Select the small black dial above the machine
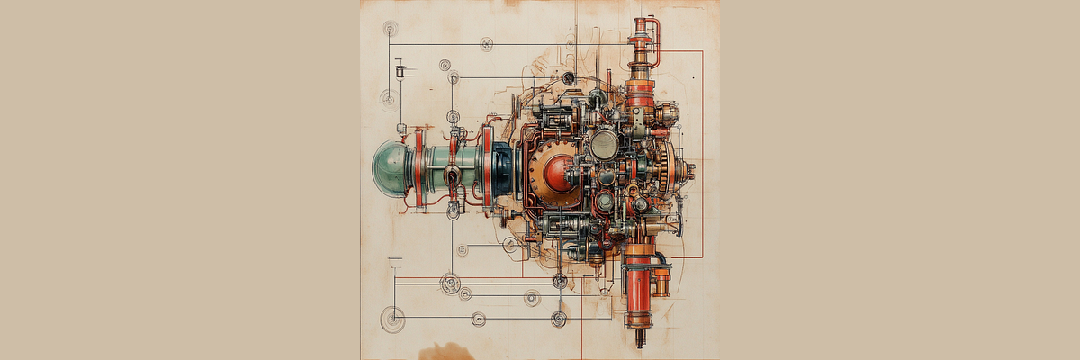click(569, 78)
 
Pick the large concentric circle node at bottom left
click(392, 318)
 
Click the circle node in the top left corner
click(390, 29)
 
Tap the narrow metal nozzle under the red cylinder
click(639, 337)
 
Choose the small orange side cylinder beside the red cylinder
click(661, 282)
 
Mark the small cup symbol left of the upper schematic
click(400, 68)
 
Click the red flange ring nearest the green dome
click(419, 168)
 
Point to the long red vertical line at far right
click(702, 153)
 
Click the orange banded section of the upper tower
click(640, 91)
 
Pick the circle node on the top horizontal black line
click(487, 44)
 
